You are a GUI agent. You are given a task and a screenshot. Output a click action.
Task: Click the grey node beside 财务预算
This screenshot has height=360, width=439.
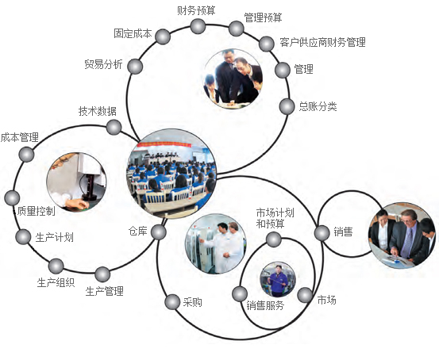click(x=198, y=26)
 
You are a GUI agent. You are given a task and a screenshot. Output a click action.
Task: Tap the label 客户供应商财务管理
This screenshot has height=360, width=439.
click(x=322, y=42)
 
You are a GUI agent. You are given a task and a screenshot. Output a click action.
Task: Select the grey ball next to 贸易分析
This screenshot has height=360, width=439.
click(x=135, y=67)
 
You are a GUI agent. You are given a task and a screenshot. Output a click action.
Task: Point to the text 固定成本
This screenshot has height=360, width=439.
click(x=133, y=33)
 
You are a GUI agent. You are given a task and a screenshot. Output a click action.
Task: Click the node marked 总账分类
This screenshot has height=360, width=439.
click(x=287, y=106)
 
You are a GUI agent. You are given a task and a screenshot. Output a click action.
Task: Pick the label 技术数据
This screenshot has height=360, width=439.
click(x=98, y=111)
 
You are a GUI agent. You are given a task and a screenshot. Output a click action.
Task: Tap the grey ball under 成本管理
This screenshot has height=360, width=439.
click(x=27, y=154)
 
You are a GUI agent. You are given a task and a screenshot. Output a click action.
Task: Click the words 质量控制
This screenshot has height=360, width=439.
click(x=36, y=211)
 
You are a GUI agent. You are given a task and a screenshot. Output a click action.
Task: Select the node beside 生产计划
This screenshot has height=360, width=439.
click(x=23, y=236)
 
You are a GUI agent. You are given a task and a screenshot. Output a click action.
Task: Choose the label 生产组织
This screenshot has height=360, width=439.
click(x=56, y=283)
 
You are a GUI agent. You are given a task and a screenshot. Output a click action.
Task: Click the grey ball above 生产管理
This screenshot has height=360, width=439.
click(x=102, y=274)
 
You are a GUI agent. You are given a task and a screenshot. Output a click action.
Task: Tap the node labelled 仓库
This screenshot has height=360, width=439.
click(x=159, y=232)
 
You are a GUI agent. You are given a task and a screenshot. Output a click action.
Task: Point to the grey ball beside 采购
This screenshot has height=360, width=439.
click(x=172, y=302)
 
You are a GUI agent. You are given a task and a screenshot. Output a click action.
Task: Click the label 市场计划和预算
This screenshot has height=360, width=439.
click(x=275, y=218)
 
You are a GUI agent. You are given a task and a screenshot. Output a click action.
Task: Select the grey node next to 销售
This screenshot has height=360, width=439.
click(x=322, y=233)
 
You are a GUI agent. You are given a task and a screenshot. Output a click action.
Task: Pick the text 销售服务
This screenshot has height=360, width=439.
click(x=265, y=305)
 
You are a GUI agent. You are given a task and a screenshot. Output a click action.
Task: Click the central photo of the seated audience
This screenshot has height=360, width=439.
click(x=171, y=174)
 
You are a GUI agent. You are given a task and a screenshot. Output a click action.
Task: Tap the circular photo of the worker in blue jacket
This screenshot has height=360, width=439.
click(x=278, y=279)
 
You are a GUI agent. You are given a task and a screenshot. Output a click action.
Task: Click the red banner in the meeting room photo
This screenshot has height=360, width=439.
click(x=164, y=144)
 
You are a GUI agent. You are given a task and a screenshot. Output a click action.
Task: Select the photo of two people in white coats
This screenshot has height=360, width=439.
click(x=216, y=244)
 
